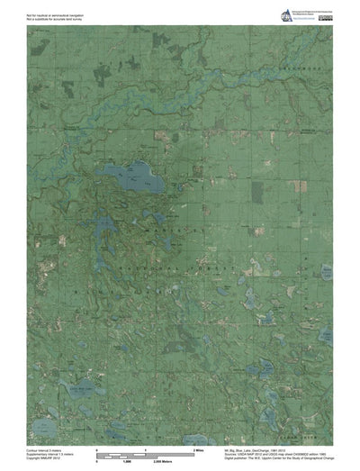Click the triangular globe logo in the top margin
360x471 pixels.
pyautogui.click(x=263, y=16)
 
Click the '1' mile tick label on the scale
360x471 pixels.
pyautogui.click(x=147, y=448)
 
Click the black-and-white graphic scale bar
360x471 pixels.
pyautogui.click(x=144, y=455)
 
